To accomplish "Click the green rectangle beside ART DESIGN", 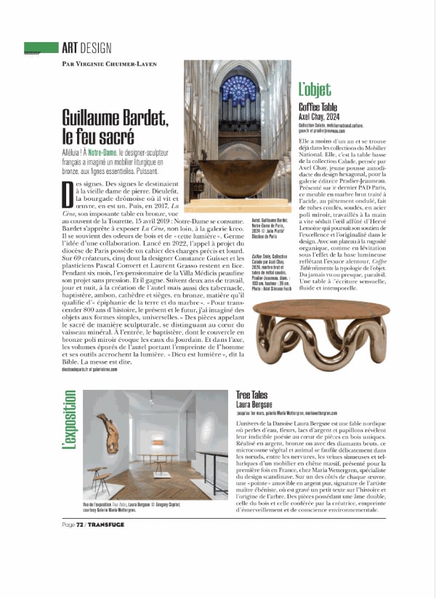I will (x=41, y=48).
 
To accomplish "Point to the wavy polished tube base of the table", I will (x=312, y=349).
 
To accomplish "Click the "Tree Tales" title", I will (x=251, y=394).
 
